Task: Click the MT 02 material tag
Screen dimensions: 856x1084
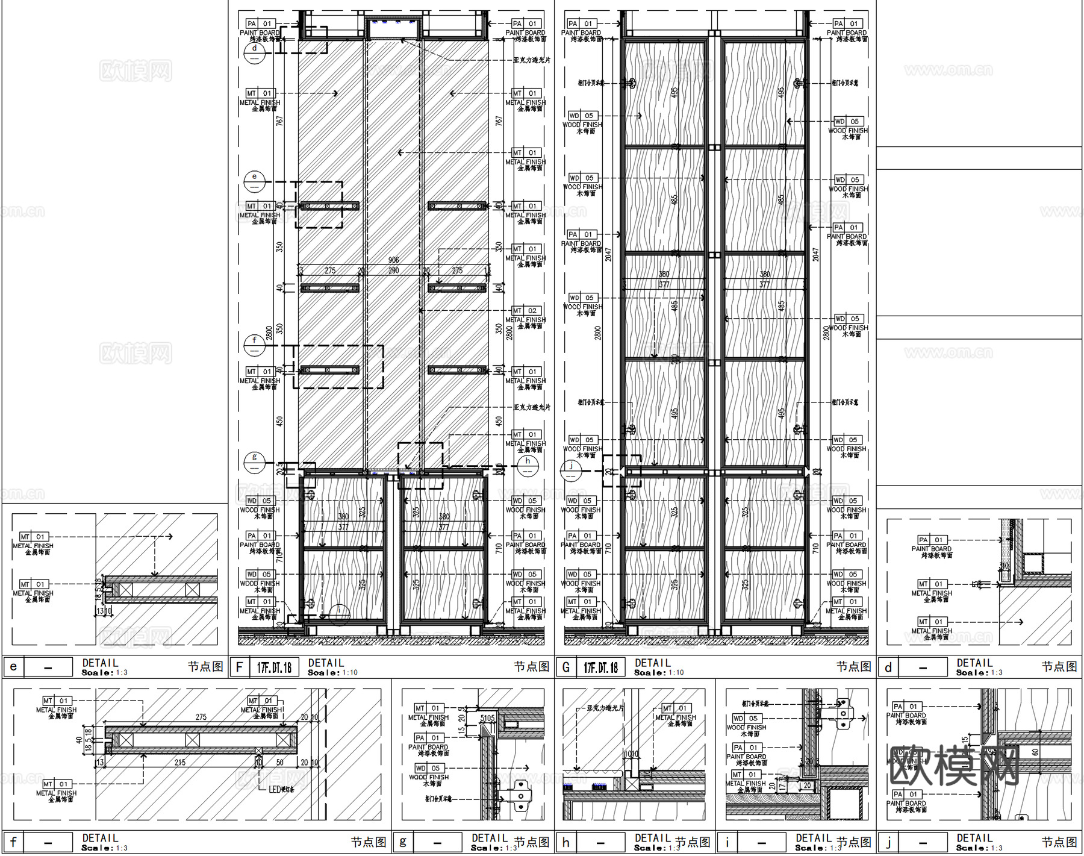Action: (525, 311)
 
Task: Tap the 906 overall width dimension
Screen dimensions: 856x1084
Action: (393, 260)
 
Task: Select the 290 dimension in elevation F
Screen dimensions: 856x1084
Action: (393, 270)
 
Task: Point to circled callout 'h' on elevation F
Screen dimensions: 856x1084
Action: (528, 464)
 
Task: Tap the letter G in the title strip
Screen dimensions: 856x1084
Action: (566, 667)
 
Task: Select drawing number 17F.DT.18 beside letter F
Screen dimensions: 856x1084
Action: (274, 667)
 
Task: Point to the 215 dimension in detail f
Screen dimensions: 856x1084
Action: (179, 762)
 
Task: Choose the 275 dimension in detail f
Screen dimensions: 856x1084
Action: (201, 717)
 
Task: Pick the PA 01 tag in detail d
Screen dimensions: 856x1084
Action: (931, 540)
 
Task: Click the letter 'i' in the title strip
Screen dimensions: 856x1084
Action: (727, 842)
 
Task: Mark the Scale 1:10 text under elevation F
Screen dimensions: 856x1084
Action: (332, 673)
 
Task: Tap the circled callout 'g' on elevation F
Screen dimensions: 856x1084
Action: (255, 461)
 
